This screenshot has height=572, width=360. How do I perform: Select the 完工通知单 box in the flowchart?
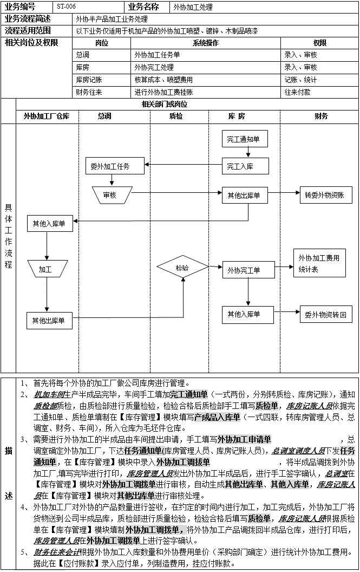click(244, 139)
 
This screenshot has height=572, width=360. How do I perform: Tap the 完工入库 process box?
click(244, 166)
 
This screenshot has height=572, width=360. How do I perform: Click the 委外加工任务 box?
click(114, 166)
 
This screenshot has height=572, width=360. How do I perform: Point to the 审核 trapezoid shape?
click(110, 194)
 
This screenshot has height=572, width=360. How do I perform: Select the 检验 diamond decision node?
click(182, 268)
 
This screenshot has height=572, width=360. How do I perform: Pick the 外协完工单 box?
click(244, 269)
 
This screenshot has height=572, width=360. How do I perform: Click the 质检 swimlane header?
click(176, 116)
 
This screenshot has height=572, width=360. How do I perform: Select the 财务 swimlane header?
click(320, 116)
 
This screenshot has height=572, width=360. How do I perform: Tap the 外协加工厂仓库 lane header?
click(47, 116)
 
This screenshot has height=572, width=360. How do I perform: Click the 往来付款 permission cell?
click(298, 92)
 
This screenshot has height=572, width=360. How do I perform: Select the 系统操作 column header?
click(206, 43)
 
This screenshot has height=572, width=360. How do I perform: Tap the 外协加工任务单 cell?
click(158, 55)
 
